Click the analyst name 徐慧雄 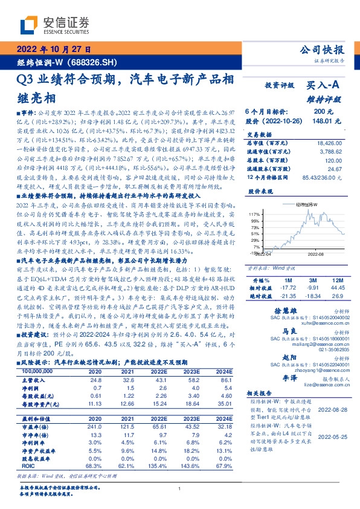point(275,310)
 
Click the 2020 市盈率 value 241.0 point(95,426)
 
